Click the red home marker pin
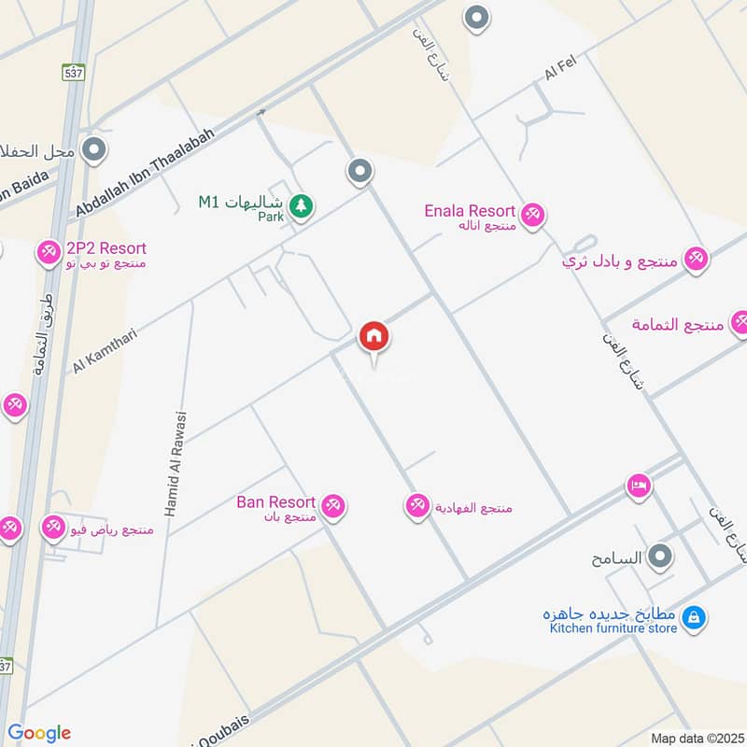pyautogui.click(x=374, y=336)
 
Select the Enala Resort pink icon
pyautogui.click(x=532, y=215)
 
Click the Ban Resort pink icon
pyautogui.click(x=333, y=506)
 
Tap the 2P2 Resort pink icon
pyautogui.click(x=49, y=251)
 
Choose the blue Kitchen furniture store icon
pyautogui.click(x=693, y=617)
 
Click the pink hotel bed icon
pyautogui.click(x=640, y=486)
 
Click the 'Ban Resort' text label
pyautogui.click(x=275, y=502)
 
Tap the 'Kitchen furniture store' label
pyautogui.click(x=613, y=628)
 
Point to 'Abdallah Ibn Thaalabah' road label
pyautogui.click(x=147, y=174)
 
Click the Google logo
pyautogui.click(x=39, y=733)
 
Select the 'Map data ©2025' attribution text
pyautogui.click(x=696, y=738)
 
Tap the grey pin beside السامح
pyautogui.click(x=661, y=557)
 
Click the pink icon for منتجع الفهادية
pyautogui.click(x=417, y=506)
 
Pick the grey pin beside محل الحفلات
pyautogui.click(x=93, y=149)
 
